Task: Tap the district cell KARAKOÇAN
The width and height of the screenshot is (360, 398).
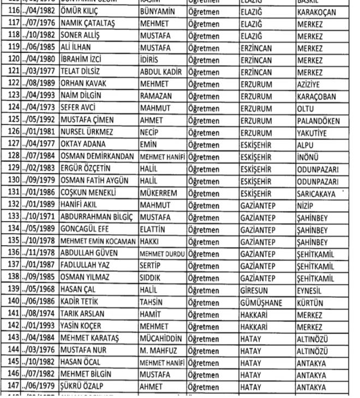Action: pos(317,12)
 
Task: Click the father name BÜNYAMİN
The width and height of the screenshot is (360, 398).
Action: pos(157,12)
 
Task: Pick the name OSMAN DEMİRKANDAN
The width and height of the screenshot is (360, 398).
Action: pos(97,157)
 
